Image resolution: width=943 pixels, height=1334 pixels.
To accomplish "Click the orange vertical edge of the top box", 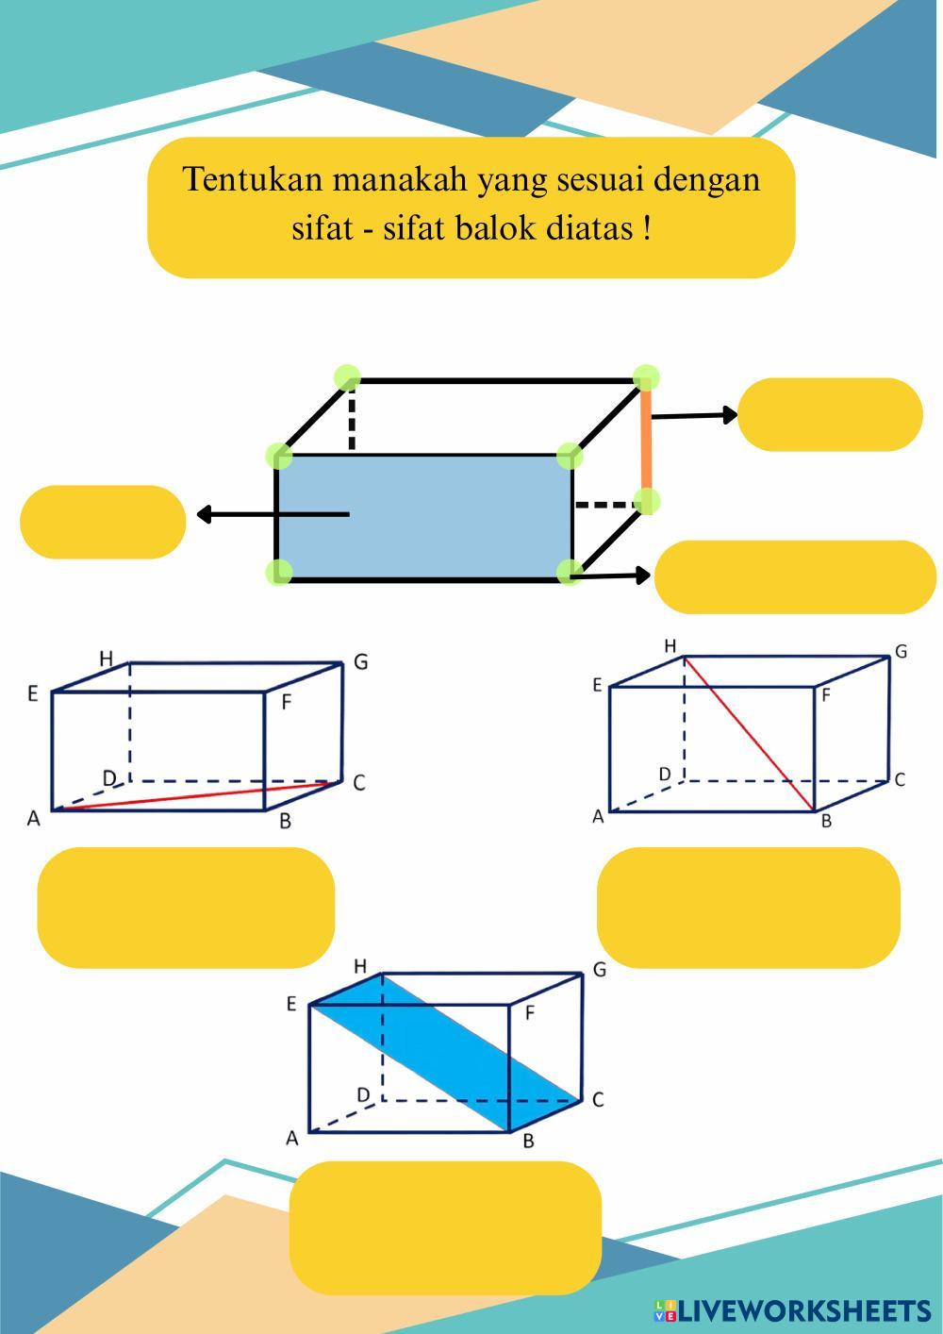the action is (x=647, y=440).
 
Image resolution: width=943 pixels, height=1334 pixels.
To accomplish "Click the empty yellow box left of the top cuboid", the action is (x=103, y=522).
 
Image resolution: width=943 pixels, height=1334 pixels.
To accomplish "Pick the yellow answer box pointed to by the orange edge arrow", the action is (x=830, y=414).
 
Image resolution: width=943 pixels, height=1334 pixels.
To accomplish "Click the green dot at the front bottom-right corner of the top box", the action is (x=569, y=573).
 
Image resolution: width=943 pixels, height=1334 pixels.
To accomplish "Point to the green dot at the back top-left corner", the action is (x=347, y=378).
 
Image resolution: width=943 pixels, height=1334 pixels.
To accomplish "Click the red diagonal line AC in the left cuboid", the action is (x=189, y=795).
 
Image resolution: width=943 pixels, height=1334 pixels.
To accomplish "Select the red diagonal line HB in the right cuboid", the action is (x=750, y=734).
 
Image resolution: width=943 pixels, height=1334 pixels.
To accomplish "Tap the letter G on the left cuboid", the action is (x=360, y=662).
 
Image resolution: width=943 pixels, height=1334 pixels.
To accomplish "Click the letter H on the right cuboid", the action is (x=670, y=646).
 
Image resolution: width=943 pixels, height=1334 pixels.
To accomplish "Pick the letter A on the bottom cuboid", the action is (x=292, y=1139).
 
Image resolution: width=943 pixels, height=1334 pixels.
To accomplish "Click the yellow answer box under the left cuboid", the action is (x=186, y=907).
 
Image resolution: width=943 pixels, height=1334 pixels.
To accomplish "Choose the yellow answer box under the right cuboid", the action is (x=748, y=907).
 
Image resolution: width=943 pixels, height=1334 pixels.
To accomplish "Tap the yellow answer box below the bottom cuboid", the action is (x=445, y=1226).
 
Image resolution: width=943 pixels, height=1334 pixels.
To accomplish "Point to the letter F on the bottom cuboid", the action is (x=529, y=1013).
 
